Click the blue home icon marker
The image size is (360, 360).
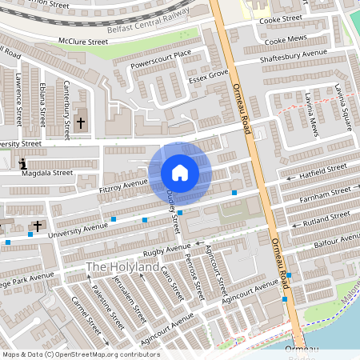pos(180,172)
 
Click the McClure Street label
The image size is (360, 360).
pos(82,40)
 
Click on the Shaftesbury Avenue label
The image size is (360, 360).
pos(294,58)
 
